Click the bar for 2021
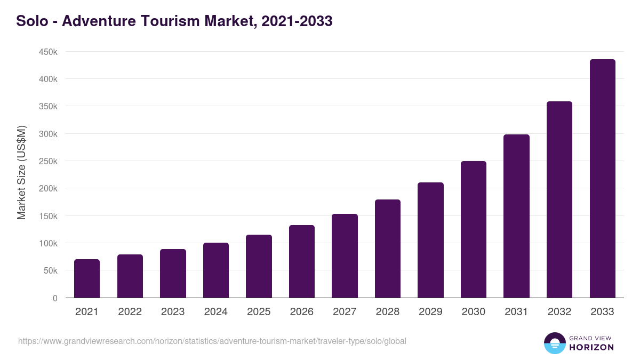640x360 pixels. pyautogui.click(x=87, y=278)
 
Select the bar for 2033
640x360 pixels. pyautogui.click(x=602, y=179)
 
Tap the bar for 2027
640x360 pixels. pyautogui.click(x=345, y=256)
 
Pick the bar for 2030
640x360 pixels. pyautogui.click(x=474, y=229)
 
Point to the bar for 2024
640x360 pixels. pyautogui.click(x=216, y=270)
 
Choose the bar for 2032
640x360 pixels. pyautogui.click(x=559, y=199)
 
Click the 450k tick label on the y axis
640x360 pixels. pyautogui.click(x=47, y=52)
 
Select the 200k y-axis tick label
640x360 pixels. pyautogui.click(x=47, y=189)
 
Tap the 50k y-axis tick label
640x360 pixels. pyautogui.click(x=50, y=271)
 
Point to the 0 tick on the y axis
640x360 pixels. pyautogui.click(x=54, y=298)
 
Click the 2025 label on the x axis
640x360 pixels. pyautogui.click(x=259, y=312)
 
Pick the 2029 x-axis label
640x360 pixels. pyautogui.click(x=430, y=312)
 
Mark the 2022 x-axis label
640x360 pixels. pyautogui.click(x=130, y=312)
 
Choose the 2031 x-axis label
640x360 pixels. pyautogui.click(x=516, y=312)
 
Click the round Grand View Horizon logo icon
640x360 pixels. pyautogui.click(x=554, y=343)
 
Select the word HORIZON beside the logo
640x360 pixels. pyautogui.click(x=591, y=347)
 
